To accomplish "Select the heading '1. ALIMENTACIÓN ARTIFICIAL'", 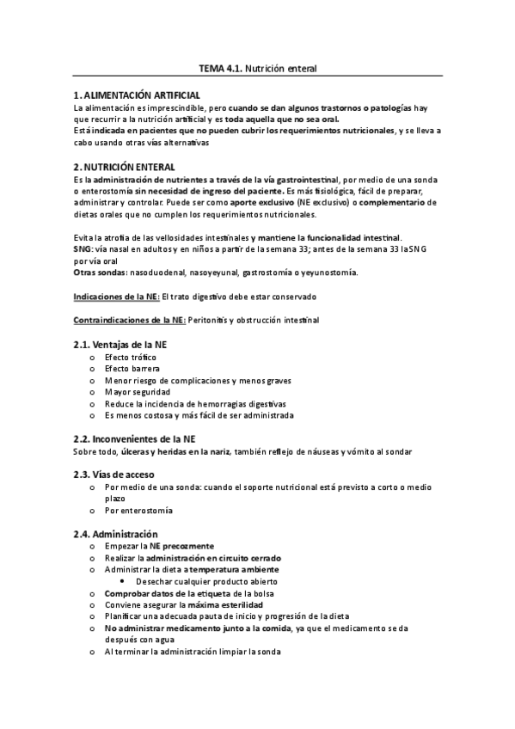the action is click(x=137, y=94).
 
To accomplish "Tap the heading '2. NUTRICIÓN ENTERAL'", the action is click(x=124, y=166).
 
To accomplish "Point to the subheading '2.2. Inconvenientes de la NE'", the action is click(x=135, y=438).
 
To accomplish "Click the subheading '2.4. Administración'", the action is click(x=116, y=533).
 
